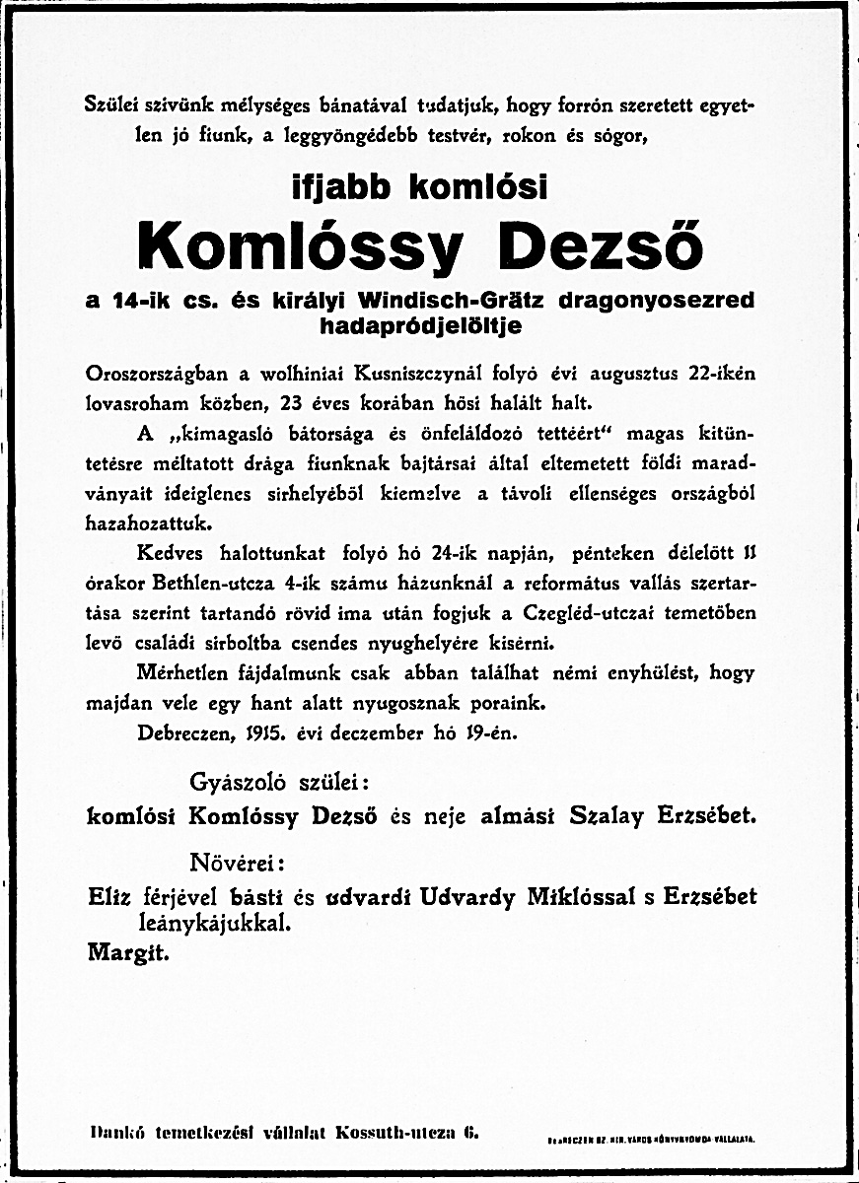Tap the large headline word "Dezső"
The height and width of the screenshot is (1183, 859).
pos(601,244)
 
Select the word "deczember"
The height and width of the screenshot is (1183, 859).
pos(380,732)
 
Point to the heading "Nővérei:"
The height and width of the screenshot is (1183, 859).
pos(237,864)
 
